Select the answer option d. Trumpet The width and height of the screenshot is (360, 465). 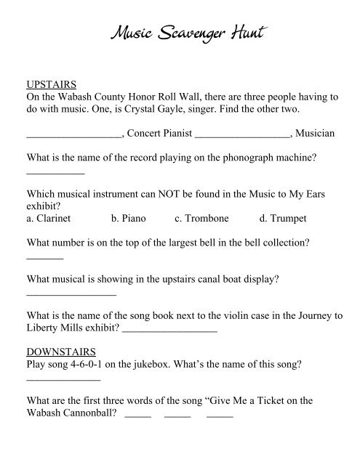click(x=283, y=218)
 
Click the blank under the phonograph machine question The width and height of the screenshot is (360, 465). click(x=55, y=172)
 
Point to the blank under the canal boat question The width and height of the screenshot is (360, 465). click(x=71, y=294)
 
